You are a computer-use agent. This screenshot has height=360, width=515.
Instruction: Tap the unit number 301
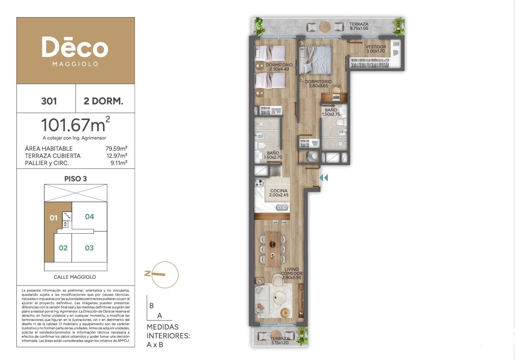click(49, 101)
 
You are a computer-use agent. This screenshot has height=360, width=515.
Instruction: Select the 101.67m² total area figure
click(76, 125)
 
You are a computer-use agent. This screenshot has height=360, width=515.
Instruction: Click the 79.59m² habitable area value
click(116, 148)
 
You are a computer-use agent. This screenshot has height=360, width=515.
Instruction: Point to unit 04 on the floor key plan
click(90, 216)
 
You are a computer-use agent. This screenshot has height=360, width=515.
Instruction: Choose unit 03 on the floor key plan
click(89, 248)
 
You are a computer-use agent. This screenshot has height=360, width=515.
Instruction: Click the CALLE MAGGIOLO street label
click(75, 277)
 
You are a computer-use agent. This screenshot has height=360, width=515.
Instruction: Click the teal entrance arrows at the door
click(323, 177)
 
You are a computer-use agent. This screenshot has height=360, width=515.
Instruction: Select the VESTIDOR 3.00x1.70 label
click(376, 49)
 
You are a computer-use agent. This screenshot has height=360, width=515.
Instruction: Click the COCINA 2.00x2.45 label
click(279, 193)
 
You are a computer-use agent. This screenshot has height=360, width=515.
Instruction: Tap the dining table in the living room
click(272, 249)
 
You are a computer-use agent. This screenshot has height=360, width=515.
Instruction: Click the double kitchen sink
click(282, 208)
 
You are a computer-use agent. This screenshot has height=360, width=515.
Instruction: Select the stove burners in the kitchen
click(259, 183)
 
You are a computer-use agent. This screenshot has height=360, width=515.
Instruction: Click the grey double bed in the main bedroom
click(316, 60)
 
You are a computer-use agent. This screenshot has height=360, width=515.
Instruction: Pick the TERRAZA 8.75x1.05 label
click(359, 26)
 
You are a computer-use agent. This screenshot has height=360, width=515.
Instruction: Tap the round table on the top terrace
click(325, 27)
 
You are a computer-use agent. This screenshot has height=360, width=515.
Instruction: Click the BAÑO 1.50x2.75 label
click(331, 112)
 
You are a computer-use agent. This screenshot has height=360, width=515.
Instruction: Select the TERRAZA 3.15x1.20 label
click(280, 341)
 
